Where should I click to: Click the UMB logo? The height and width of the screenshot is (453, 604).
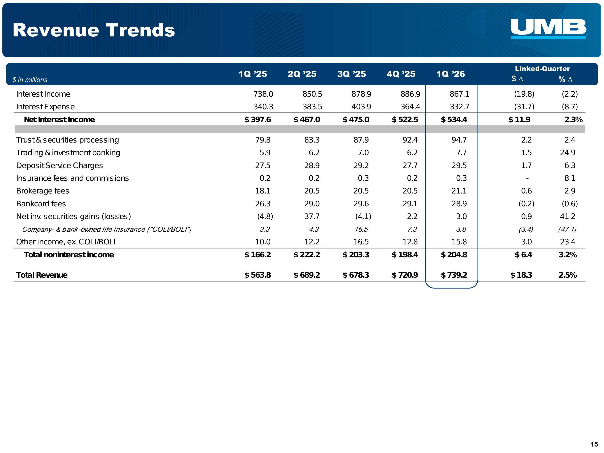pyautogui.click(x=548, y=28)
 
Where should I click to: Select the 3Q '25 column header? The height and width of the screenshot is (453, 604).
pyautogui.click(x=351, y=74)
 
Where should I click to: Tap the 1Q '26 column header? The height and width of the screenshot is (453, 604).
pyautogui.click(x=450, y=74)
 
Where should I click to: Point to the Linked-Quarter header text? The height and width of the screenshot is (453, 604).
pyautogui.click(x=542, y=68)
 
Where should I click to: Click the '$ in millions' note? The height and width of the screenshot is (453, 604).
pyautogui.click(x=30, y=80)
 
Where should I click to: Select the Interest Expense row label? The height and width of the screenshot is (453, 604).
pyautogui.click(x=45, y=107)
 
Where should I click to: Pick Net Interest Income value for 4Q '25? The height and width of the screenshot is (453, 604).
pyautogui.click(x=405, y=120)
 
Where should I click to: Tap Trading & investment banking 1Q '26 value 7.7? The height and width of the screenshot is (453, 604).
pyautogui.click(x=461, y=153)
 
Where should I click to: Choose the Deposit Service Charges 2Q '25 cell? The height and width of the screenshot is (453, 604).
pyautogui.click(x=312, y=165)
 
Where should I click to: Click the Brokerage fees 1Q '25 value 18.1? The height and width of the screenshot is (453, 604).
pyautogui.click(x=263, y=191)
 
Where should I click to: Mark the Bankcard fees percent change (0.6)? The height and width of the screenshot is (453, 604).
pyautogui.click(x=570, y=204)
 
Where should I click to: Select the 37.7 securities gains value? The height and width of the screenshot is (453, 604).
pyautogui.click(x=312, y=216)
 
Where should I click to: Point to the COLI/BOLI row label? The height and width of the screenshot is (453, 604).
pyautogui.click(x=107, y=229)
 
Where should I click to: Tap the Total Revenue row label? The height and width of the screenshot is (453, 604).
pyautogui.click(x=42, y=275)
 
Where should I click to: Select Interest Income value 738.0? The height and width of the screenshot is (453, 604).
pyautogui.click(x=263, y=94)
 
